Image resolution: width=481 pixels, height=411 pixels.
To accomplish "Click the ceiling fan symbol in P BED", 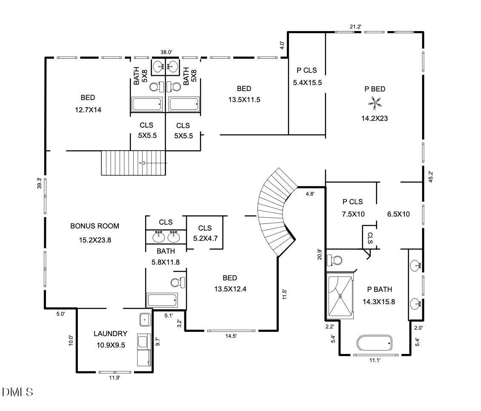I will [375, 102].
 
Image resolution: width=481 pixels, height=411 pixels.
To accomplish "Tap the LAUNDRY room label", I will [110, 334].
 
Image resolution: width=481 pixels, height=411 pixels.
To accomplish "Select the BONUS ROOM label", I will [94, 226].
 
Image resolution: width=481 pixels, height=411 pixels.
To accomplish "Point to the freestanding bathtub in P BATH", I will [375, 342].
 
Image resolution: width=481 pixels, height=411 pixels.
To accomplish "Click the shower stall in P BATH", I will [340, 296].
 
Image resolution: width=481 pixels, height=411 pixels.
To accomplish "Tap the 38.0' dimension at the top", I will [166, 52].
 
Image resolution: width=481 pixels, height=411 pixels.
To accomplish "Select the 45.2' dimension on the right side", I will [430, 177].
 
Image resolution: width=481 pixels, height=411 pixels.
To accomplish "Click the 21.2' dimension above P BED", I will [355, 27].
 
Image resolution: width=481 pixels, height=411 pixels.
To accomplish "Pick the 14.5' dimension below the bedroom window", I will [231, 336].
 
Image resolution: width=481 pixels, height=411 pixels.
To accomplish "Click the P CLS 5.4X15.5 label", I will [307, 77].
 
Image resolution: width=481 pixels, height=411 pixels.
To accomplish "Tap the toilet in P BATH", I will [336, 260].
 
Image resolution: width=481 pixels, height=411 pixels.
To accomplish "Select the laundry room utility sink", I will [145, 319].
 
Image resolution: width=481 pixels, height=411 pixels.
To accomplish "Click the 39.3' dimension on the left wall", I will [39, 183].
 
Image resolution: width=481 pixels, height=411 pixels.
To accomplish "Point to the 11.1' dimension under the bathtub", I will [375, 360].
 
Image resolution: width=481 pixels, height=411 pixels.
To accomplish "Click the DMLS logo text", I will [17, 392].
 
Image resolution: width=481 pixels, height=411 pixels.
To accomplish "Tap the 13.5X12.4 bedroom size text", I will [230, 289].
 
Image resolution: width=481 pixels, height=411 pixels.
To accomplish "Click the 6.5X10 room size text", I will [398, 214].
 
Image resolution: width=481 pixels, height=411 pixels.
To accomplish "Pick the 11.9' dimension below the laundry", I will [115, 377].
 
